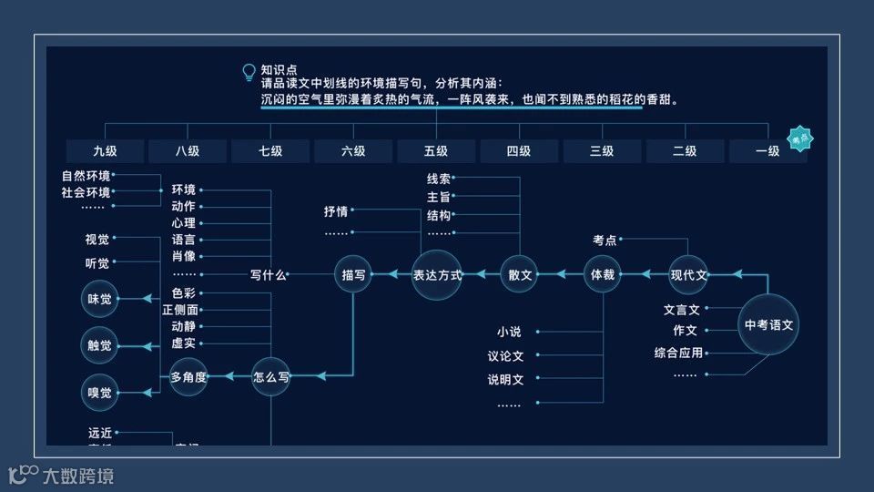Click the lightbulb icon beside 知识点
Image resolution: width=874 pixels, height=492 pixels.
click(x=248, y=72)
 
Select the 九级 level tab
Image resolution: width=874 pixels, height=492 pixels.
click(x=105, y=151)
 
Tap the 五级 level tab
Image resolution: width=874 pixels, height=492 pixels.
click(x=436, y=151)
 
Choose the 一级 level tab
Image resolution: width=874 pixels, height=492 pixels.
click(x=767, y=151)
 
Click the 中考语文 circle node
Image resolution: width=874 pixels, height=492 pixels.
click(x=768, y=324)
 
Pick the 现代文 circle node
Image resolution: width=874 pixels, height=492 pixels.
click(x=688, y=274)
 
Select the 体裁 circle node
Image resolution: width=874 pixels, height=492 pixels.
click(x=603, y=274)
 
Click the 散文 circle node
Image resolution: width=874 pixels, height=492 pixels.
click(x=519, y=274)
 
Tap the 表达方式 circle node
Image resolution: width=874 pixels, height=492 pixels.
click(x=437, y=274)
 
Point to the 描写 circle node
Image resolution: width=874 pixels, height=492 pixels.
click(x=353, y=274)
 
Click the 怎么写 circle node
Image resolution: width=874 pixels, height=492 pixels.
click(x=271, y=376)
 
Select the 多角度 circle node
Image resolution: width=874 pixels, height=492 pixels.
click(x=188, y=376)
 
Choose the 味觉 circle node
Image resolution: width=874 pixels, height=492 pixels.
click(x=99, y=298)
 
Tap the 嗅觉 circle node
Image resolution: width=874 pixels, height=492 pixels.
click(x=99, y=393)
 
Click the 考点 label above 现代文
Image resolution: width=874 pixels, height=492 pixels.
click(x=605, y=241)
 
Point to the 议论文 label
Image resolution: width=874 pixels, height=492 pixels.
click(x=505, y=356)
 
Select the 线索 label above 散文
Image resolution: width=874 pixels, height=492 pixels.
click(x=439, y=179)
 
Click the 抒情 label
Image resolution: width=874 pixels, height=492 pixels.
click(x=336, y=211)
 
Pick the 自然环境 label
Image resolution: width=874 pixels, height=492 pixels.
click(x=86, y=176)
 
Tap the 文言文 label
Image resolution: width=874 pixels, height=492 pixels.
click(x=682, y=310)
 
